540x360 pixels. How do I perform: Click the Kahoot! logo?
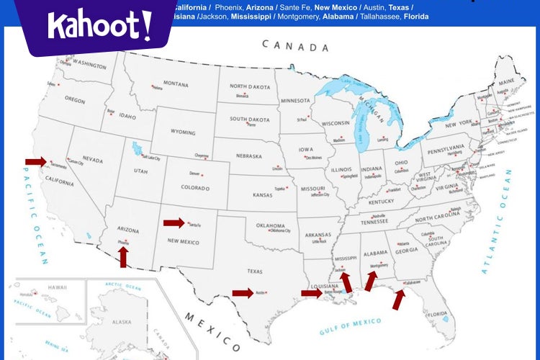(x=99, y=26)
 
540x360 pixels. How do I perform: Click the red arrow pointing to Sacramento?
(x=35, y=161)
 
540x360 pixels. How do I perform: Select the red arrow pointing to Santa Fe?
(x=174, y=223)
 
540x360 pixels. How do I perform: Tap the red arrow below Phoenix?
(x=124, y=257)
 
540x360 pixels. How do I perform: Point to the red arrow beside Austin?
(x=243, y=292)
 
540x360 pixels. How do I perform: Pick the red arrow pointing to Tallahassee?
(x=398, y=299)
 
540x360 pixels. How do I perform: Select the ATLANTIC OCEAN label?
(x=497, y=222)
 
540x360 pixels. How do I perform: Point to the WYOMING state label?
(x=183, y=132)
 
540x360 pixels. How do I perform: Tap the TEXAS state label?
(x=256, y=271)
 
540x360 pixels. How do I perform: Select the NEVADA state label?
(x=92, y=159)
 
